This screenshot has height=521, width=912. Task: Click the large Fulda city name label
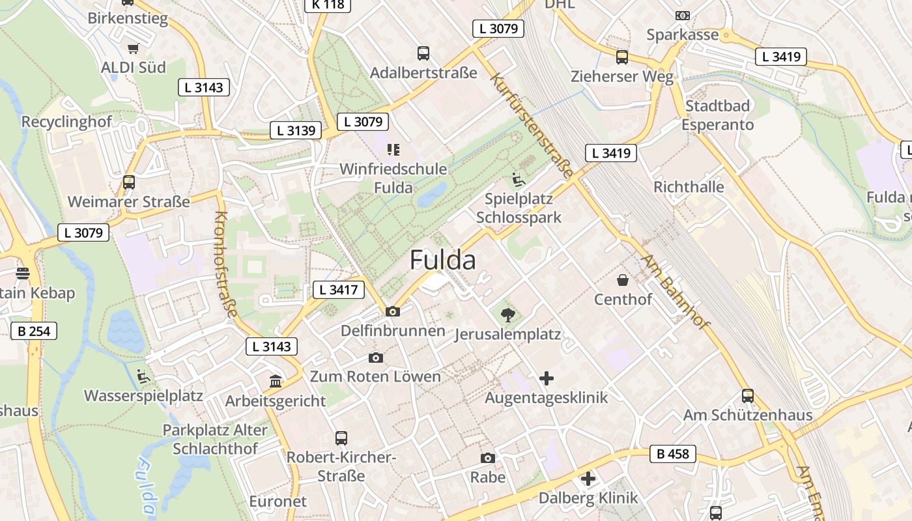[442, 260]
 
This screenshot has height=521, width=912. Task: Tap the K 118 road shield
[328, 4]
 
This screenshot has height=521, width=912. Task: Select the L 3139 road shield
[296, 130]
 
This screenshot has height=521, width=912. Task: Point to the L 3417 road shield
[339, 290]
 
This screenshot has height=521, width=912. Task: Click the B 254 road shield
[34, 331]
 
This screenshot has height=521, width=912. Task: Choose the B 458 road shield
[672, 454]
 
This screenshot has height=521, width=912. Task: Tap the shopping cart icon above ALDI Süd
[134, 48]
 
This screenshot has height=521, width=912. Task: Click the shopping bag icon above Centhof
[623, 281]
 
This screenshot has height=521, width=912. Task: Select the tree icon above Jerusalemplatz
[507, 316]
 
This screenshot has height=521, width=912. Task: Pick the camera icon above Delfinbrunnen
[392, 312]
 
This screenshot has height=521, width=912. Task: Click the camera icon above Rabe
[487, 458]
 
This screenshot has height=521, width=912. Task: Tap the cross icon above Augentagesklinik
[547, 378]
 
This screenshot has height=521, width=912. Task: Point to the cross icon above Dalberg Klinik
[588, 479]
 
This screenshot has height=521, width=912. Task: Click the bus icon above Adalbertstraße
[423, 53]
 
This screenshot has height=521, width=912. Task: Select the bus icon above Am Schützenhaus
[747, 396]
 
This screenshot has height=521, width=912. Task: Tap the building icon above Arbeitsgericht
[276, 382]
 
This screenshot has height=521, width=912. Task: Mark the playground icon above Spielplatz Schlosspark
[519, 180]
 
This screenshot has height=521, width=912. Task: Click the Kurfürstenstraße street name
[532, 127]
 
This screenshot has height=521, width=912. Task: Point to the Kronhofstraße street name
[225, 264]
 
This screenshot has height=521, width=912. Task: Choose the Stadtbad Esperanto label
[718, 115]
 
